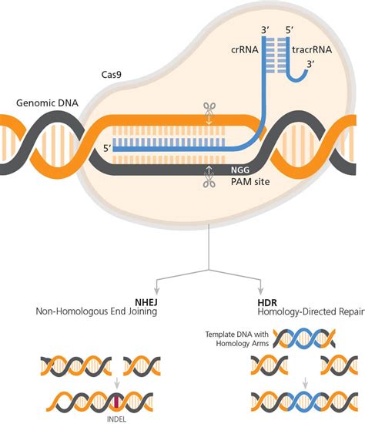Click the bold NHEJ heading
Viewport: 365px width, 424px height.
click(146, 301)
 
